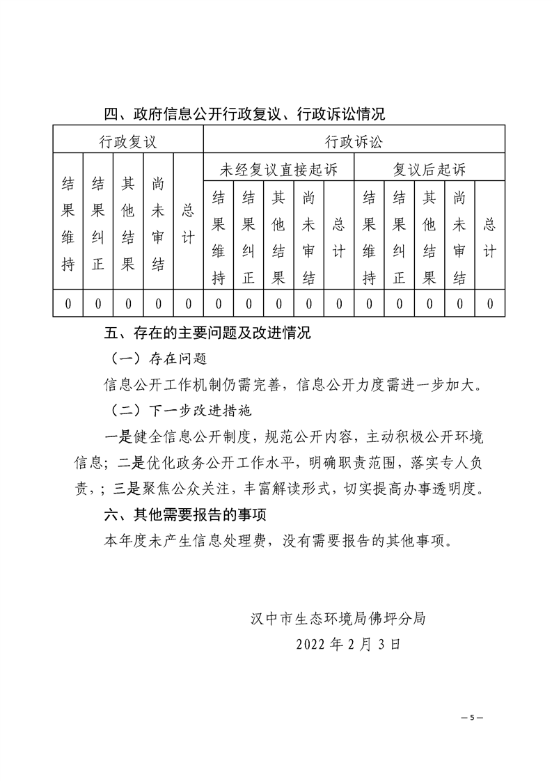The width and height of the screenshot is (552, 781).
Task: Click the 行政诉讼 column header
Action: tap(354, 142)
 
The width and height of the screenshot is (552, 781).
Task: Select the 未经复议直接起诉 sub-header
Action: tap(278, 169)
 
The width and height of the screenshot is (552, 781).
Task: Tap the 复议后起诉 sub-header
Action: tap(429, 169)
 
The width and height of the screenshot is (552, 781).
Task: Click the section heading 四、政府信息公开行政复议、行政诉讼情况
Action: tap(244, 113)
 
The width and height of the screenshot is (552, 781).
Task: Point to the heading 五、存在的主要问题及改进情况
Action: tap(207, 333)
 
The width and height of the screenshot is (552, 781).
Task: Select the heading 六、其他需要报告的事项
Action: tap(184, 516)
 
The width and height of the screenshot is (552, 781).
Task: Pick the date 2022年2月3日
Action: tap(348, 644)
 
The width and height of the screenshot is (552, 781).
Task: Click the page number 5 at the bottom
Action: tap(471, 717)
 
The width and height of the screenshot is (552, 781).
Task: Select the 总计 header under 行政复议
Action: tap(188, 223)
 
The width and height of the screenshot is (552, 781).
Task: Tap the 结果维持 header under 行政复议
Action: tap(68, 223)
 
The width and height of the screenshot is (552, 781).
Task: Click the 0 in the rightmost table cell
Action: tap(490, 303)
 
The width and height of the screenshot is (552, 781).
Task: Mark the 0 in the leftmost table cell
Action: tap(68, 303)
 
